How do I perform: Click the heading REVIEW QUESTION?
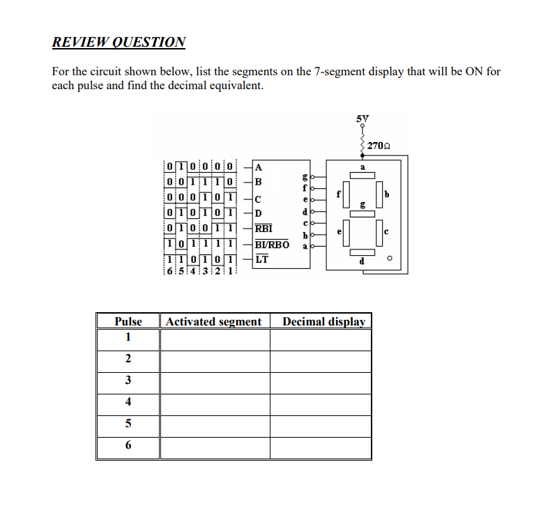click(119, 42)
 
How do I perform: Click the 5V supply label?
click(362, 119)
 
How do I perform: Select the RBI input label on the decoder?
click(264, 228)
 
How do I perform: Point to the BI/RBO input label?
click(272, 245)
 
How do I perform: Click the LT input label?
click(261, 260)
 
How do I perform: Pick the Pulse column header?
click(128, 321)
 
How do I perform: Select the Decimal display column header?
click(323, 321)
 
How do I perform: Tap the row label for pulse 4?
click(128, 401)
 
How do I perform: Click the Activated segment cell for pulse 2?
click(215, 360)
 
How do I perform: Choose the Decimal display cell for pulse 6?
click(321, 447)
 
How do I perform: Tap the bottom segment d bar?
click(363, 253)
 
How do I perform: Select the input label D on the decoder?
click(259, 213)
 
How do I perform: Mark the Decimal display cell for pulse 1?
click(321, 339)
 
